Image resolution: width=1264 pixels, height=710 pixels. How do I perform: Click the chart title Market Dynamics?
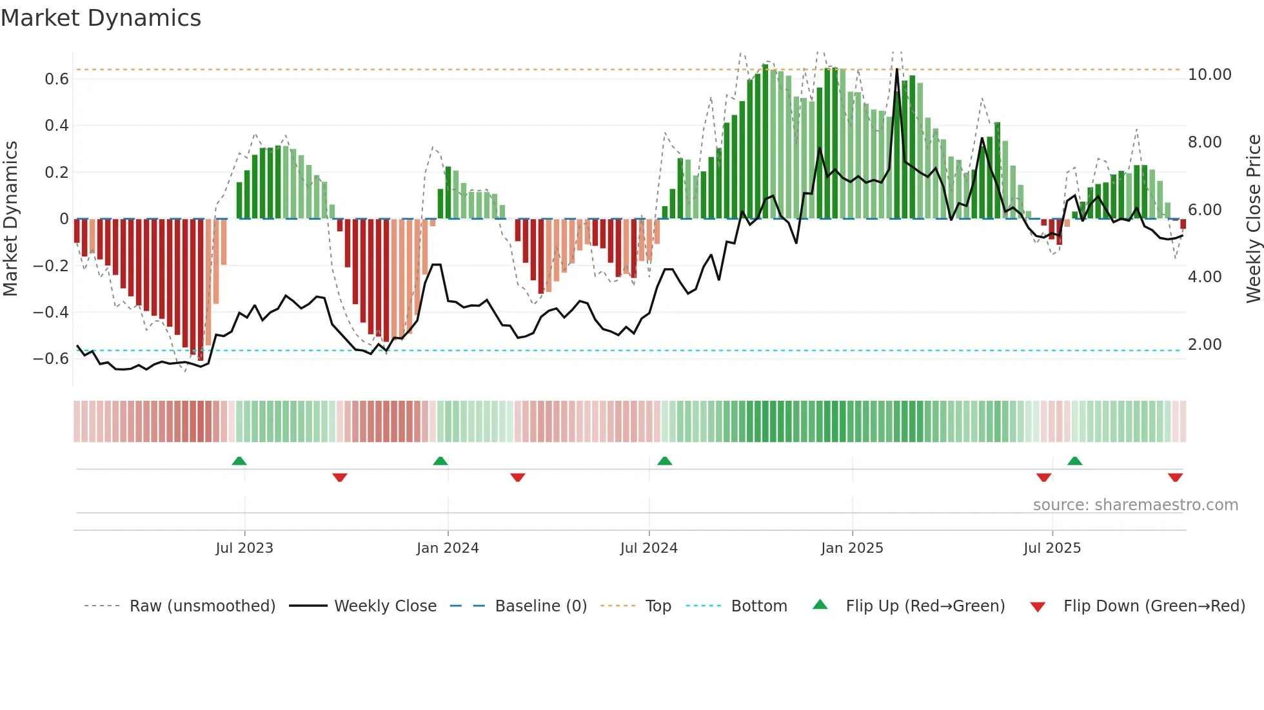pyautogui.click(x=101, y=18)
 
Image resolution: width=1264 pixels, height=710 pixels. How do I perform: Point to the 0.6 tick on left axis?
pyautogui.click(x=57, y=79)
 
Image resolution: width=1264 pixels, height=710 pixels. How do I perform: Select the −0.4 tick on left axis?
pyautogui.click(x=51, y=312)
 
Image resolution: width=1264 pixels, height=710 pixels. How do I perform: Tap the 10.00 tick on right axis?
pyautogui.click(x=1209, y=75)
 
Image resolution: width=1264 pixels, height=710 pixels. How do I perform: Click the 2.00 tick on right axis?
pyautogui.click(x=1205, y=345)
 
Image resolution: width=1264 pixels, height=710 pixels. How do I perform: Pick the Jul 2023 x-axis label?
pyautogui.click(x=244, y=548)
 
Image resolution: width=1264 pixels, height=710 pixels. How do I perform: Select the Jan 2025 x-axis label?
pyautogui.click(x=852, y=548)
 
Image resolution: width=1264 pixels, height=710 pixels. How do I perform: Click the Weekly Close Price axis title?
pyautogui.click(x=1253, y=218)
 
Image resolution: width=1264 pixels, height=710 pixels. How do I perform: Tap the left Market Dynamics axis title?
pyautogui.click(x=11, y=218)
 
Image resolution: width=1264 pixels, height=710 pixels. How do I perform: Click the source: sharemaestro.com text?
pyautogui.click(x=1135, y=505)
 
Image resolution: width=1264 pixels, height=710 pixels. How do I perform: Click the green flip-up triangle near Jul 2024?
pyautogui.click(x=664, y=461)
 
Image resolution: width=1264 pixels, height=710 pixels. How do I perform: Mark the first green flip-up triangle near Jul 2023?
pyautogui.click(x=239, y=461)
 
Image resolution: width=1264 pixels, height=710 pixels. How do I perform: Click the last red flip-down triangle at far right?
pyautogui.click(x=1175, y=477)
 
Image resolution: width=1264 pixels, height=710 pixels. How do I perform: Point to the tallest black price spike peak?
pyautogui.click(x=897, y=70)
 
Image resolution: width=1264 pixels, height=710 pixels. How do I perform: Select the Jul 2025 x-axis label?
pyautogui.click(x=1052, y=548)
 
